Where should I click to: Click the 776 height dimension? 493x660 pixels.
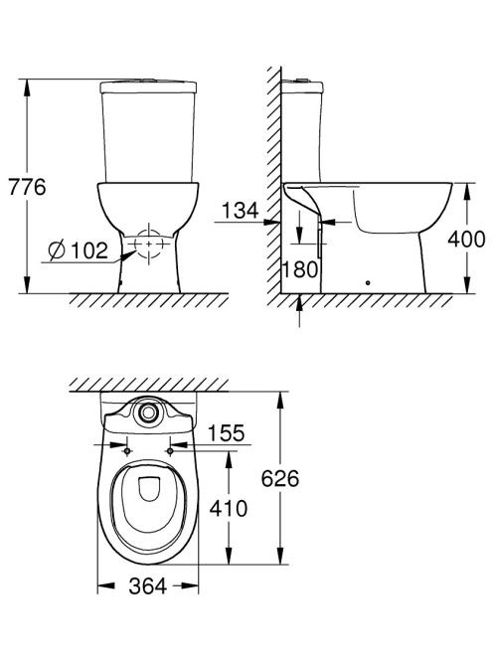(x=27, y=187)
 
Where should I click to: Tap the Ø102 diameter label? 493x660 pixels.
(x=79, y=250)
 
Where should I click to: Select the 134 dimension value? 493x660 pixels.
(x=240, y=211)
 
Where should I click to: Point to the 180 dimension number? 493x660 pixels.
(x=300, y=269)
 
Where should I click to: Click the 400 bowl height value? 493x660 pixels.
(x=466, y=240)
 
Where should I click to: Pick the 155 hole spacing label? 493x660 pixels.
(x=226, y=433)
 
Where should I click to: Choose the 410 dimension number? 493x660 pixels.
(x=229, y=509)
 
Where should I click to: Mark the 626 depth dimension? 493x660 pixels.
(x=280, y=478)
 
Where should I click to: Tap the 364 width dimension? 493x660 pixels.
(x=148, y=585)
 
